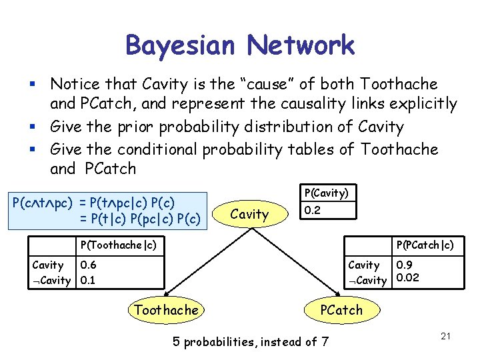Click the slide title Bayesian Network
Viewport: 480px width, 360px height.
tap(239, 45)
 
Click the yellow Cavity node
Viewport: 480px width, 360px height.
tap(249, 214)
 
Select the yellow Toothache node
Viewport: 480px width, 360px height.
tap(166, 309)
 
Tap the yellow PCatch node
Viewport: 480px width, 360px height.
tap(341, 309)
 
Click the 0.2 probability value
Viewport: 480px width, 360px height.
tap(311, 210)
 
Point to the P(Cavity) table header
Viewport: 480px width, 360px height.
tap(327, 193)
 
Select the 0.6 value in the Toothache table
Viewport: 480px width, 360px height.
tap(87, 265)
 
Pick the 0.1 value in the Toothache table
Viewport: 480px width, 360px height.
tap(87, 280)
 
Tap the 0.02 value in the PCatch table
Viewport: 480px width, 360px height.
tap(407, 278)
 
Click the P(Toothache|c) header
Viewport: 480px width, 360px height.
tap(118, 245)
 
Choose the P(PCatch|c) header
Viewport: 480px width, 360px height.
tap(425, 245)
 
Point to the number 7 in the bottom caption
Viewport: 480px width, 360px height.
tap(325, 342)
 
